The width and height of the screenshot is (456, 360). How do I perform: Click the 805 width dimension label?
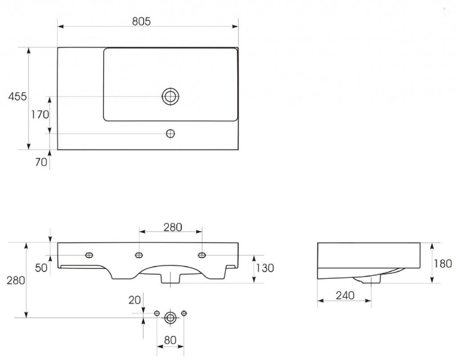[x=141, y=21]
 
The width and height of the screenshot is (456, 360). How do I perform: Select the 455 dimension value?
[x=17, y=97]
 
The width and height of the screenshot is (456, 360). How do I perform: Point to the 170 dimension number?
[x=40, y=115]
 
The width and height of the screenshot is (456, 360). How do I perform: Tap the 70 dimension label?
[x=41, y=162]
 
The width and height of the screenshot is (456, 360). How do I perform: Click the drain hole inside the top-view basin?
[x=171, y=96]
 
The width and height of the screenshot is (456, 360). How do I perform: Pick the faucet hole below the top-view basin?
[x=171, y=133]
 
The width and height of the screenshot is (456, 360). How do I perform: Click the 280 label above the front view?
[x=173, y=227]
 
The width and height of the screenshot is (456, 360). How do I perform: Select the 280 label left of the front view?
[x=16, y=280]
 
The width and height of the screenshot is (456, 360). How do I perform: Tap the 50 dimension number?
[x=41, y=268]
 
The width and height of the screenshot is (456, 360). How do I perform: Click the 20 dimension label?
[x=134, y=300]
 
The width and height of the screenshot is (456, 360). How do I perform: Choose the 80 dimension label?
[x=171, y=340]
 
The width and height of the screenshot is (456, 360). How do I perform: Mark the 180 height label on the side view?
[x=443, y=263]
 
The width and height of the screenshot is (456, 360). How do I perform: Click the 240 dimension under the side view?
[x=345, y=295]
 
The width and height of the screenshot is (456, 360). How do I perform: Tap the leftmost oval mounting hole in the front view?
[x=89, y=255]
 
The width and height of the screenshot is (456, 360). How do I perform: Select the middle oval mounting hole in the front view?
[x=139, y=255]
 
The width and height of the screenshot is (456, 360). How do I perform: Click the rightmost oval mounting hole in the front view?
[x=202, y=255]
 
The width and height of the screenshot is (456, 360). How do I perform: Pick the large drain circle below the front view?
[x=171, y=318]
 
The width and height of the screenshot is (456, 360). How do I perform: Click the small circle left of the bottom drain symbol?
[x=157, y=313]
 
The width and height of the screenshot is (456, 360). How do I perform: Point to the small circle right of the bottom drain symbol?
[x=184, y=313]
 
